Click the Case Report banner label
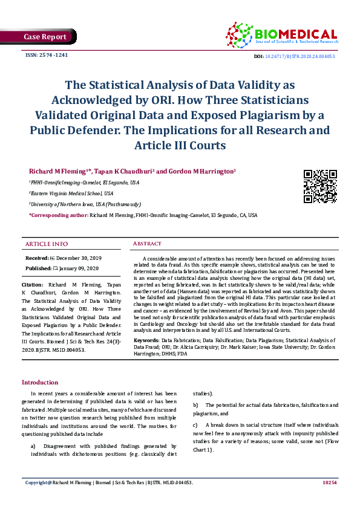click(45, 37)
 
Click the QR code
click(319, 187)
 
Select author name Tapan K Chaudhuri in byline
click(126, 172)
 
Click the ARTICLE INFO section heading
click(46, 244)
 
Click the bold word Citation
click(32, 284)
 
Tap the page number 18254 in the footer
click(330, 483)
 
